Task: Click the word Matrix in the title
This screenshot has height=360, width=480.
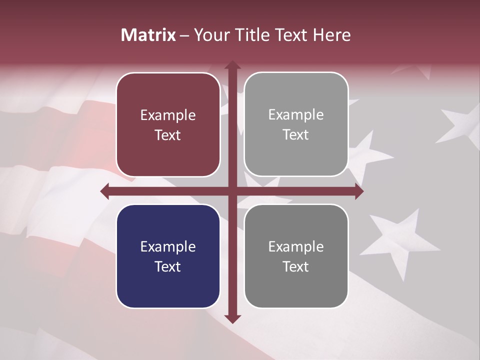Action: (148, 35)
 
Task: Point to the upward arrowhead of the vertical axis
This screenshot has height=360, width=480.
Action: (232, 65)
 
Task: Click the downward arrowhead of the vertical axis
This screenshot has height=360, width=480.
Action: (232, 318)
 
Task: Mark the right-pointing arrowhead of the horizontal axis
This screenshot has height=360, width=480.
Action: (358, 191)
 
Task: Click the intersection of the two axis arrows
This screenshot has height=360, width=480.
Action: (232, 191)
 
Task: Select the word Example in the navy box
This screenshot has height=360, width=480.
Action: (168, 246)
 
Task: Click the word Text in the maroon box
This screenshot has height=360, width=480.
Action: (168, 135)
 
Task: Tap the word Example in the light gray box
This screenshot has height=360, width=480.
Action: (296, 114)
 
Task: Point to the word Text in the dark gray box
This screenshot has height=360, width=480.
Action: (296, 266)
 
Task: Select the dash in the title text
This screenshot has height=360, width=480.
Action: (184, 35)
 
